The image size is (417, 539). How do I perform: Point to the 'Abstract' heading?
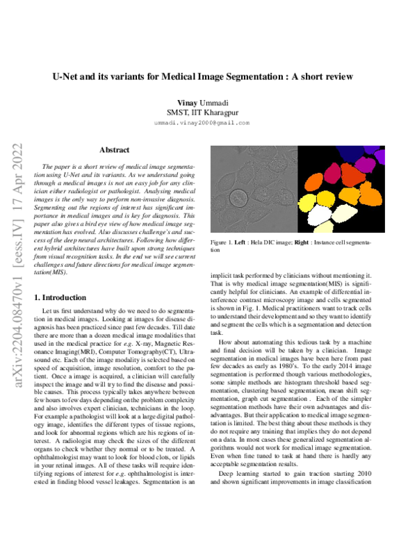tap(113, 149)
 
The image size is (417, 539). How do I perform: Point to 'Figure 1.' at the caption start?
tap(220, 242)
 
